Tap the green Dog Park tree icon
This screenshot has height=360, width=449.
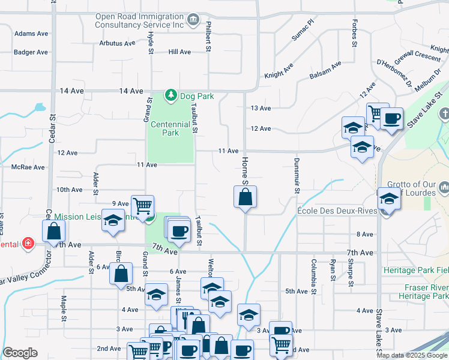pos(171,95)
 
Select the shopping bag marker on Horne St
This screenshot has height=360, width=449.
pos(245,197)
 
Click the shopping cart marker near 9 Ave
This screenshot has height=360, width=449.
pos(142,206)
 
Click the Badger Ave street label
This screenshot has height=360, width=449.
pos(31,52)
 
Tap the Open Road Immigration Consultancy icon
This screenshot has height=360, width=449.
pos(193,21)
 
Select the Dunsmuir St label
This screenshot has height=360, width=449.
pos(297,175)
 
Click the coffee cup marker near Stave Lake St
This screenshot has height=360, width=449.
pos(391,118)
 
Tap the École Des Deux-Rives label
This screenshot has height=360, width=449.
pos(337,211)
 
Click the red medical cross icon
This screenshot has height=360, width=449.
pos(27,243)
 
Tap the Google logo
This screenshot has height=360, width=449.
pos(20,353)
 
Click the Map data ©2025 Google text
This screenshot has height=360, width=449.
pos(411,355)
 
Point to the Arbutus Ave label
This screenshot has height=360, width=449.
pos(117,43)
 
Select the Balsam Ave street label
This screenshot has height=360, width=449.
pos(325,70)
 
